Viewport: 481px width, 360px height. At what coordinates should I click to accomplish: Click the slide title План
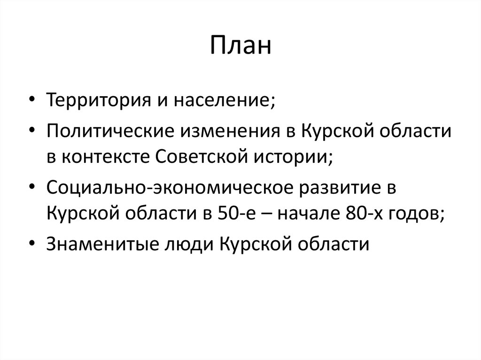[x=240, y=47]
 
